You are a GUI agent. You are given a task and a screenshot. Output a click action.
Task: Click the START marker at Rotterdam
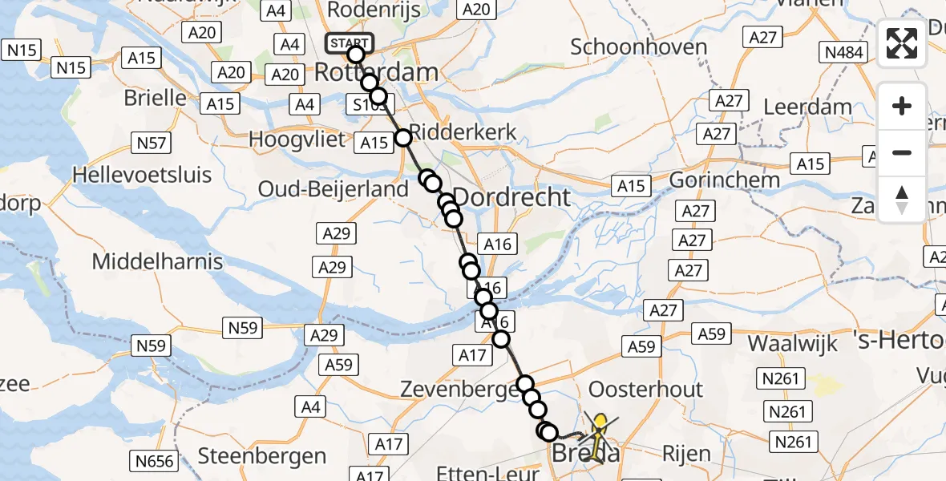pos(350,43)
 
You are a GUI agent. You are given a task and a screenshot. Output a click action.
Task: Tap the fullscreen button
pos(902,43)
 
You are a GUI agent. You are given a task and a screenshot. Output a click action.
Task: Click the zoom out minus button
pos(902,152)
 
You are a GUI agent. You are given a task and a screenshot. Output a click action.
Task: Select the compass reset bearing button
pos(902,199)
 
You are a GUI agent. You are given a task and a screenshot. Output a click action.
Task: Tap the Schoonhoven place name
pos(639,47)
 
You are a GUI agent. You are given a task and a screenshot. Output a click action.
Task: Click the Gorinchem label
pos(725,180)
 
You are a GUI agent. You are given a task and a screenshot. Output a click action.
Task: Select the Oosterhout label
pos(645,390)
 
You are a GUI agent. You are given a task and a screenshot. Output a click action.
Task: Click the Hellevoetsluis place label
pos(142,175)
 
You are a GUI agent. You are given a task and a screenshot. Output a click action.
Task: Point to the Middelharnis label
pos(162,261)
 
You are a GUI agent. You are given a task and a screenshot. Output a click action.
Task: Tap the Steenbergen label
pos(262,456)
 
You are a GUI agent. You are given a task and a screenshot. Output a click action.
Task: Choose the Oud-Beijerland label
pos(334,190)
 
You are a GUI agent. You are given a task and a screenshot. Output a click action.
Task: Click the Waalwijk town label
pos(793,343)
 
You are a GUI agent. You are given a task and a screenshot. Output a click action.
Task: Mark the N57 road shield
pos(152,143)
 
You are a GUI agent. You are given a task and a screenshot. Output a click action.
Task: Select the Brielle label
pos(156,98)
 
